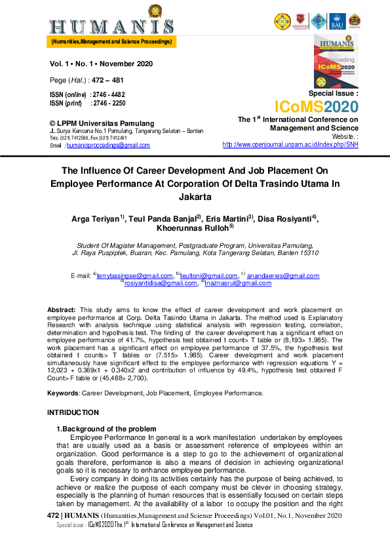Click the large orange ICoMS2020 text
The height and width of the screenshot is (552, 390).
coord(316,107)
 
